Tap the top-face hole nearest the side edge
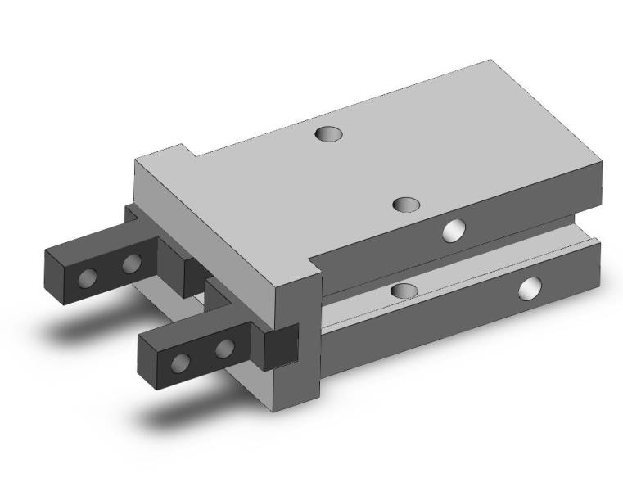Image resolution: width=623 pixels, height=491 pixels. coord(406,204)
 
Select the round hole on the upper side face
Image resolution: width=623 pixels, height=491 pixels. coord(453,231)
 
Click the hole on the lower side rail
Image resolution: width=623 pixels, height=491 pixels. coord(530,287)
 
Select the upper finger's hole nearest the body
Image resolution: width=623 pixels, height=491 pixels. coord(131,264)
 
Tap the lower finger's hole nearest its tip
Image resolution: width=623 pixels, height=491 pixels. coord(183,363)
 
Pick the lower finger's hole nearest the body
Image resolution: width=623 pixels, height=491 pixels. coord(225,349)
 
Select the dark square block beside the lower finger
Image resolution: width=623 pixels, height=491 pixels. coord(278,347)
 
